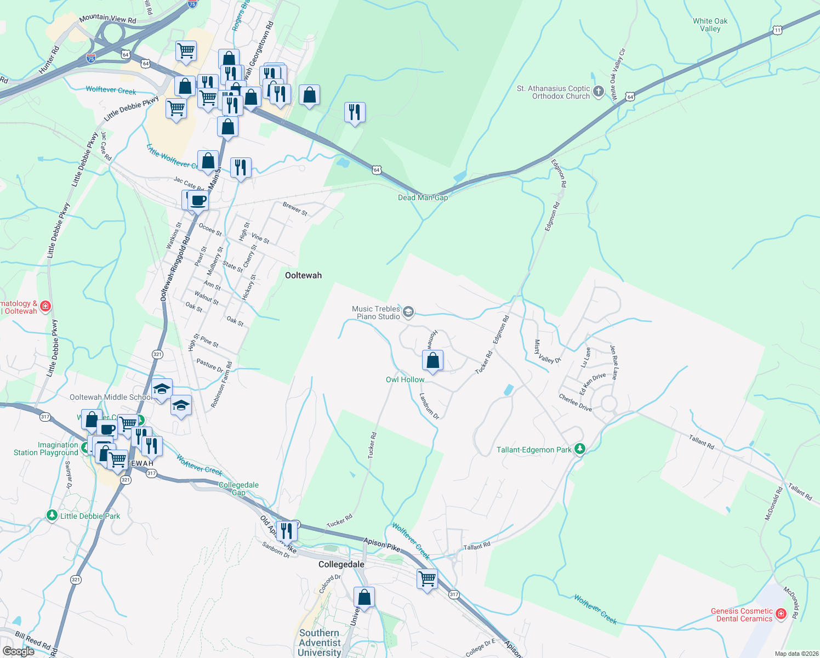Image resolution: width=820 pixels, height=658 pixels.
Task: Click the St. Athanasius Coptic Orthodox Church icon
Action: pos(599,92)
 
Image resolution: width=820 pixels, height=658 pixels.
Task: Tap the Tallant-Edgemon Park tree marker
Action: pos(579,449)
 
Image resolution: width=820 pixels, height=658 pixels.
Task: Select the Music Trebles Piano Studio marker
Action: pos(408,313)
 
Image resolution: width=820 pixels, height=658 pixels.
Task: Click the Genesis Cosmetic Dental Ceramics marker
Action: pos(781,614)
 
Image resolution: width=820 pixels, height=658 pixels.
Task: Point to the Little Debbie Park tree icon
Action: pos(52,515)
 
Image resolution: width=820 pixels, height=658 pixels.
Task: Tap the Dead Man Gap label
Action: pos(423,197)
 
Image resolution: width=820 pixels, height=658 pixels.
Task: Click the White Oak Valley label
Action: pos(710,25)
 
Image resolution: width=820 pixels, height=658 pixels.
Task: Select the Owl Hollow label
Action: pos(405,379)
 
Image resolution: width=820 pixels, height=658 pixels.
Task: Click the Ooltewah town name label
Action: pos(303,275)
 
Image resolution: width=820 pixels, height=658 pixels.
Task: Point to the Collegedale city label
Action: pos(341,564)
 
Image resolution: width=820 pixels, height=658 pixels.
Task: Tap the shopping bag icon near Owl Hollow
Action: pos(432,361)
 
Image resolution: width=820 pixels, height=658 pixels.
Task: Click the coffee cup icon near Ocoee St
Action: pos(198,201)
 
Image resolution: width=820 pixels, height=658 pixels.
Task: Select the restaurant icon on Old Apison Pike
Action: pos(287,531)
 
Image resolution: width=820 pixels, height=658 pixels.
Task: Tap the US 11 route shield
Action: pos(777,30)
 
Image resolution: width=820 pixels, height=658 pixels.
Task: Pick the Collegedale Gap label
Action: pos(238,489)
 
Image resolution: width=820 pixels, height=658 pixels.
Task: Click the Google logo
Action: pos(18,651)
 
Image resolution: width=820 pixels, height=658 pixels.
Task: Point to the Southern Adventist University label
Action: pos(320,643)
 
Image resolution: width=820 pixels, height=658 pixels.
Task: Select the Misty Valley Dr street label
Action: pos(548,351)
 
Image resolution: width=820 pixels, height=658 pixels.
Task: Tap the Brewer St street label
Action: pos(295,208)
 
